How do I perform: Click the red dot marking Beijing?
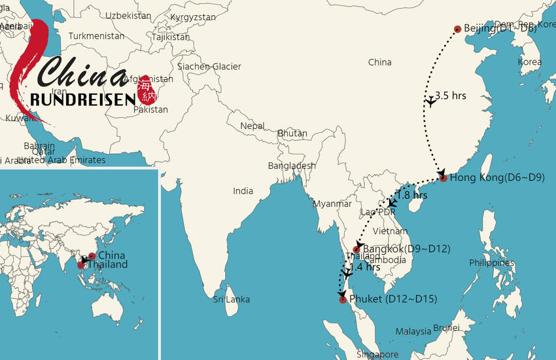pyautogui.click(x=457, y=29)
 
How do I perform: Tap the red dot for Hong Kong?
pyautogui.click(x=443, y=178)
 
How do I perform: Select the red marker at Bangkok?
pyautogui.click(x=356, y=249)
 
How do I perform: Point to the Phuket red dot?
pyautogui.click(x=342, y=300)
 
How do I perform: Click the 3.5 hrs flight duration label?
pyautogui.click(x=451, y=96)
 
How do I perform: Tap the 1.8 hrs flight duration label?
pyautogui.click(x=411, y=195)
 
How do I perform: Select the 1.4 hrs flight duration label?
pyautogui.click(x=365, y=267)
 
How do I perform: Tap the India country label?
pyautogui.click(x=243, y=191)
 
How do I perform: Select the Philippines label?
pyautogui.click(x=491, y=262)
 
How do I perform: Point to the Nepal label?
pyautogui.click(x=252, y=126)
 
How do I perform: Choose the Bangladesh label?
pyautogui.click(x=292, y=166)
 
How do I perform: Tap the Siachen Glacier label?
pyautogui.click(x=209, y=66)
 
